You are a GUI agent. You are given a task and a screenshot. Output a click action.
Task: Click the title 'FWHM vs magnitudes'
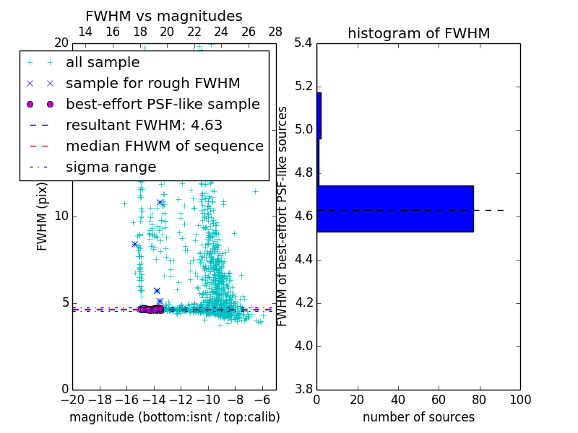click(x=163, y=16)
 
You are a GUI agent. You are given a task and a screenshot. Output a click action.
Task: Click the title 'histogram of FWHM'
click(x=418, y=33)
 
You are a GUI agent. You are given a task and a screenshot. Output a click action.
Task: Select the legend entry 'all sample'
click(x=103, y=63)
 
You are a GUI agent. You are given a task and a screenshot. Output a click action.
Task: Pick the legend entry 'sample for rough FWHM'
click(x=153, y=83)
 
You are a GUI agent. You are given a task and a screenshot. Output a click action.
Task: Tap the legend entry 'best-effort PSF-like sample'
click(x=163, y=104)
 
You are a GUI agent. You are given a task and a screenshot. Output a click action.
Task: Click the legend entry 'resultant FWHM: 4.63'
click(x=144, y=125)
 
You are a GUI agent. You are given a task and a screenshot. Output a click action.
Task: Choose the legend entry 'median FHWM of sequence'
click(x=164, y=146)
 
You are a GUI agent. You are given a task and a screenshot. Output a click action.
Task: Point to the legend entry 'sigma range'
click(x=111, y=167)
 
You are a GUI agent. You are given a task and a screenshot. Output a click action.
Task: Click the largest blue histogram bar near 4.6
click(x=394, y=209)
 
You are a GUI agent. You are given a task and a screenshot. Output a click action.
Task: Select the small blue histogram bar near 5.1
click(x=319, y=115)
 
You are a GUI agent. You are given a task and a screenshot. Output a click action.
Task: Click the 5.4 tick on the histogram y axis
click(x=303, y=43)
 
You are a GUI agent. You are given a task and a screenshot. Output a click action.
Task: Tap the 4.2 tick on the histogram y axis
click(x=303, y=302)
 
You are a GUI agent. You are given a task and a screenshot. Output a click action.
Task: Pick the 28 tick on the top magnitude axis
click(x=275, y=32)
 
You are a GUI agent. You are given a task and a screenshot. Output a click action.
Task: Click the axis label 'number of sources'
click(x=418, y=417)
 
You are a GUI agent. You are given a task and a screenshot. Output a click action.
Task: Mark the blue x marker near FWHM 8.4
click(x=134, y=244)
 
